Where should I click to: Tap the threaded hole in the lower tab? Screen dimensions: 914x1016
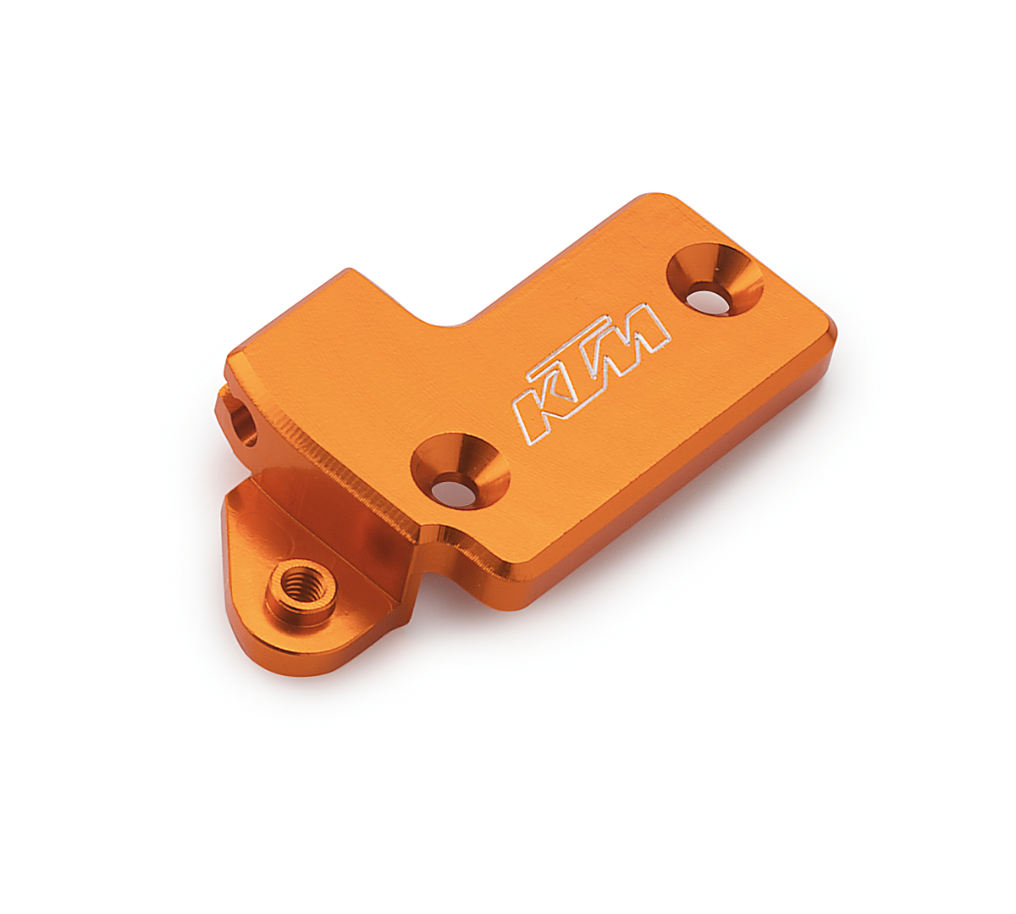point(298,584)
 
